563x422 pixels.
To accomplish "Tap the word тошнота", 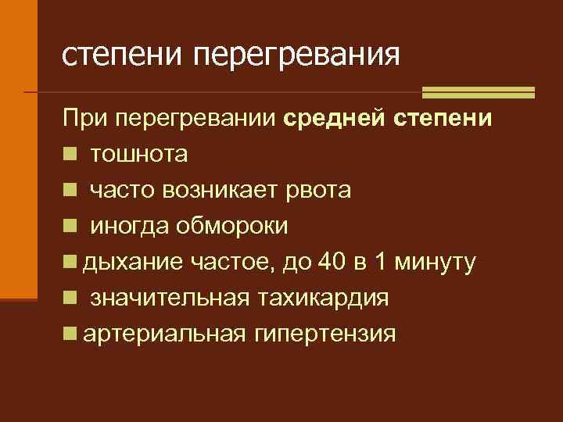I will (x=138, y=156).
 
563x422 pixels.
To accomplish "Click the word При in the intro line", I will (x=84, y=120).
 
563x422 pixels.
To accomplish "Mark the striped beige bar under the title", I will (x=478, y=92).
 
